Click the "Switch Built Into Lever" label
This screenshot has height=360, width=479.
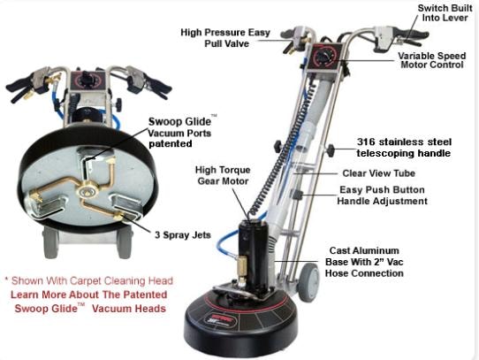pos(445,13)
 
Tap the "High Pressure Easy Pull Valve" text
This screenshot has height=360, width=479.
pos(225,38)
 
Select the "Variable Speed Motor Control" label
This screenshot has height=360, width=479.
pos(431,60)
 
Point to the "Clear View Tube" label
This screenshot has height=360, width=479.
pos(378,173)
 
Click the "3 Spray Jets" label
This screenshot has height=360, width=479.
pos(183,235)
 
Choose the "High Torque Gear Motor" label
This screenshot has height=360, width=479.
pos(223,175)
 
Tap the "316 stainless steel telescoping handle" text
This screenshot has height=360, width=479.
pos(404,148)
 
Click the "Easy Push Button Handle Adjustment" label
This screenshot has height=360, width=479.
pos(382,195)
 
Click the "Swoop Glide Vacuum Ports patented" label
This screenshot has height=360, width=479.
pos(180,132)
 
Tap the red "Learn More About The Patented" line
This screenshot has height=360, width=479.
pos(89,295)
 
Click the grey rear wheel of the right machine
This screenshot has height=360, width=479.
pos(308,281)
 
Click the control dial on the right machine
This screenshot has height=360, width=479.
pos(324,57)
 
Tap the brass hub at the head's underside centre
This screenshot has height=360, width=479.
pos(88,191)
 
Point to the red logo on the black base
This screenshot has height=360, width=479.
pos(225,318)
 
